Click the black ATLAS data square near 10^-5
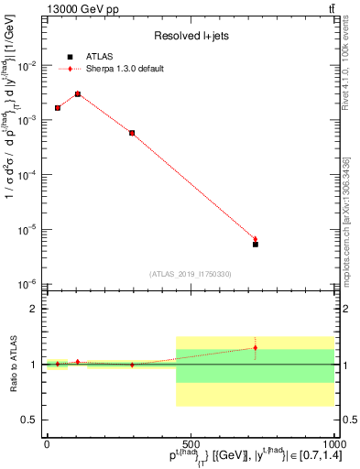tap(256, 245)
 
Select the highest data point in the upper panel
tap(78, 94)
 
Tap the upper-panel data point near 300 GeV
tap(132, 133)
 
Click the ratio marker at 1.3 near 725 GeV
tap(256, 348)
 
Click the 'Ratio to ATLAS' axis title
tap(12, 364)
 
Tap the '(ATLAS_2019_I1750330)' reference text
tap(190, 273)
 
